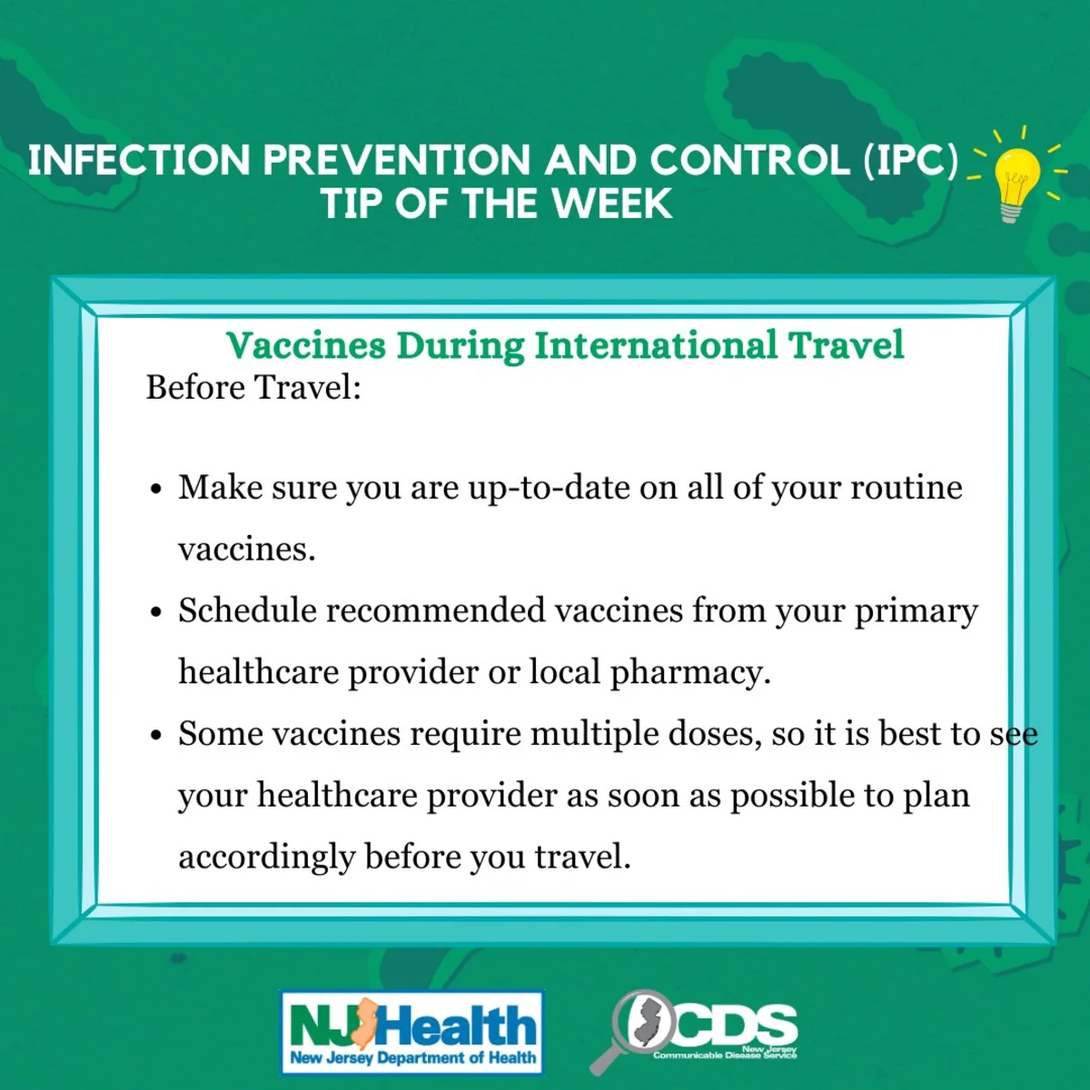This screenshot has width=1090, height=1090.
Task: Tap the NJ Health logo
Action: click(x=412, y=1031)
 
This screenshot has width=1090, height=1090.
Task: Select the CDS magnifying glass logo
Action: click(x=693, y=1031)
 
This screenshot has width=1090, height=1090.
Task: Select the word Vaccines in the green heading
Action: click(x=306, y=345)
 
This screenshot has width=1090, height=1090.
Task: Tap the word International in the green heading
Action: click(x=656, y=345)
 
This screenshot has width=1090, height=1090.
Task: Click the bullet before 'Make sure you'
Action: click(x=156, y=488)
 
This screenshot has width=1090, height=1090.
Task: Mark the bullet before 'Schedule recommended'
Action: click(x=156, y=611)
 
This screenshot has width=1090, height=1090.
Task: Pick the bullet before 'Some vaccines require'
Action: click(x=156, y=736)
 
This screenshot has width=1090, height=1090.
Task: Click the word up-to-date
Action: click(x=549, y=489)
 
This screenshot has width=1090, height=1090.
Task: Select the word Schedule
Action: click(x=247, y=611)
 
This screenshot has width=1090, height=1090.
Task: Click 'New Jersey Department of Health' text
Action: click(x=413, y=1056)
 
